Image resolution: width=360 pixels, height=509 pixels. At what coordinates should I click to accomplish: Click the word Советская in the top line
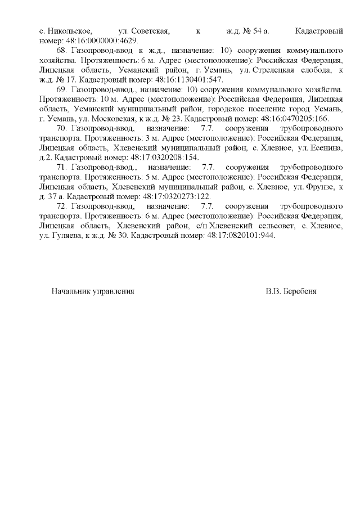[x=146, y=30]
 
